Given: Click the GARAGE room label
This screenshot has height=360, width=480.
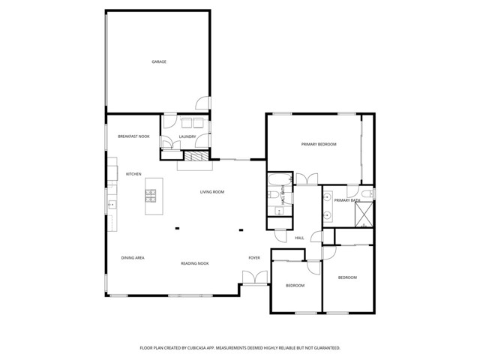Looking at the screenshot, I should tap(159, 61).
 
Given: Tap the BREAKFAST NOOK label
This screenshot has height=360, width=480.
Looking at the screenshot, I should tap(133, 136).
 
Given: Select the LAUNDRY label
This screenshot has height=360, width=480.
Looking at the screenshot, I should tap(187, 136).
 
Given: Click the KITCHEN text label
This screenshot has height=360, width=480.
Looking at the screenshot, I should tap(133, 174).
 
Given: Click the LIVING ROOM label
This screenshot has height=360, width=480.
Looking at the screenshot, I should tap(212, 192).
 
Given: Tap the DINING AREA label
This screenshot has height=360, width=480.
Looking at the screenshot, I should tap(133, 258).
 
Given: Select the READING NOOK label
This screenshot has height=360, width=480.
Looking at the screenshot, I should tap(194, 263).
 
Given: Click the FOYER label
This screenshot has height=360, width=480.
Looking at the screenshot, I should tap(254, 258).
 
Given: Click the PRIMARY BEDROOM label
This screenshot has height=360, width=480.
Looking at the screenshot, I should tap(319, 144).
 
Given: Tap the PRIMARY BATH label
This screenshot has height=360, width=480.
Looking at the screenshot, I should tap(347, 200).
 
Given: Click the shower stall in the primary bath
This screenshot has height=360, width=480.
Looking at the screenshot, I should tap(364, 216).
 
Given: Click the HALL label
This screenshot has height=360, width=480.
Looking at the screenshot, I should tap(299, 238).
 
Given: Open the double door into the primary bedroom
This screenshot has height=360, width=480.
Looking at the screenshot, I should tap(304, 180).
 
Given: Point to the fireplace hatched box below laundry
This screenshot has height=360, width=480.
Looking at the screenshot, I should tap(196, 157).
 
